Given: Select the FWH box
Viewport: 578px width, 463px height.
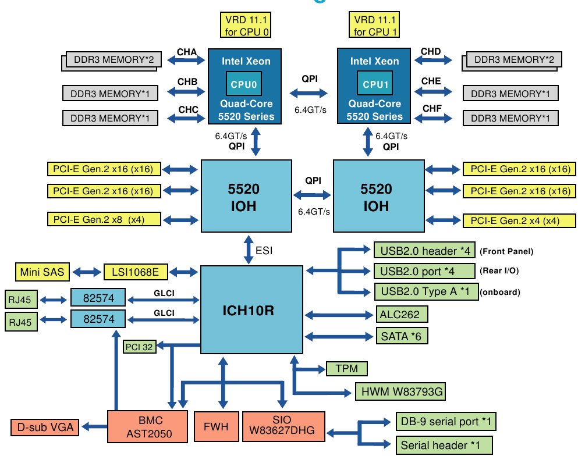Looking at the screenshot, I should point(216,427).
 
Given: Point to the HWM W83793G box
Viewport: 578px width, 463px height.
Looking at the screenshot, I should point(400,391).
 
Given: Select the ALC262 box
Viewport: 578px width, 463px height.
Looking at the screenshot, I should point(401,315).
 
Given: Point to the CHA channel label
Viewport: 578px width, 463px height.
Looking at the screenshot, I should point(186,52).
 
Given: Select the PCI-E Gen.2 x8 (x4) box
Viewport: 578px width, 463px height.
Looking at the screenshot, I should point(102,220).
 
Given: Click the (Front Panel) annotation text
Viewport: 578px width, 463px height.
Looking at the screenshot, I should point(506,252).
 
